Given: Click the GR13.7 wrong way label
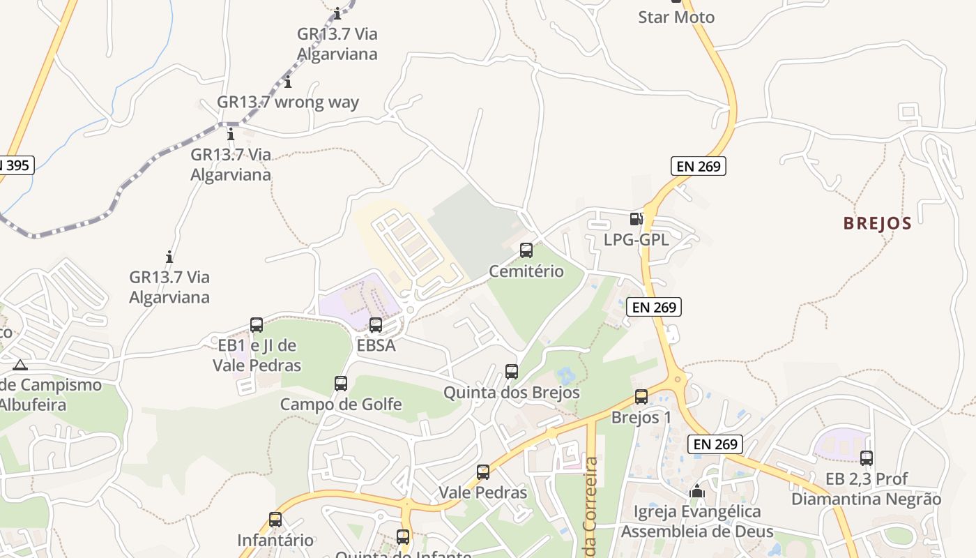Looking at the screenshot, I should pos(288,103).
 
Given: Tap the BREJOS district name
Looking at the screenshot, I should pos(877,223).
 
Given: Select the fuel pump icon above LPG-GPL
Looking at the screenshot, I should pos(636,219).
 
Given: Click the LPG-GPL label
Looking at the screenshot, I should pos(636,240).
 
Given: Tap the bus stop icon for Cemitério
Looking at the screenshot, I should pos(526,250).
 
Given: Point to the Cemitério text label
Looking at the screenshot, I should pos(526,271).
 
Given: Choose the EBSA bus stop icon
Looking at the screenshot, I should pos(376,324).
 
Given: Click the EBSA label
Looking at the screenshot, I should pos(376,345).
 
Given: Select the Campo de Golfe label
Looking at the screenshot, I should pos(341,405).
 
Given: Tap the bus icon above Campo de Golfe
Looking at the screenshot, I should pos(341,383).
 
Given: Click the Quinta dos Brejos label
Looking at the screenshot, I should pos(512,393).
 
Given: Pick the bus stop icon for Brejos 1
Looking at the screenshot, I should pos(641,397).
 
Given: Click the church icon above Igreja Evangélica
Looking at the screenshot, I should pos(696,491).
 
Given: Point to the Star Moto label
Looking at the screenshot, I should pos(676,17).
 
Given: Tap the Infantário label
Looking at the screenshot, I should pos(275,541).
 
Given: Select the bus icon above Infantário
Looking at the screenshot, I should pos(275,520).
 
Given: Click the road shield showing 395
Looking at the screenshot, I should pos(15,165).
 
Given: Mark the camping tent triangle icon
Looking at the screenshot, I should pos(20,364).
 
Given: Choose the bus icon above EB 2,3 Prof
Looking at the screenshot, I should pos(867,458).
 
